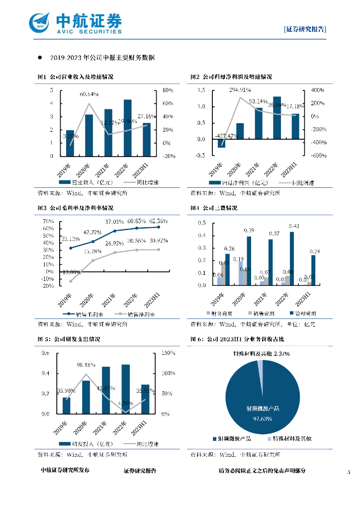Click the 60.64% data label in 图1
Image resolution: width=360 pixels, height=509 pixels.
click(89, 94)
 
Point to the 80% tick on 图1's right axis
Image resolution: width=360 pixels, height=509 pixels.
click(167, 90)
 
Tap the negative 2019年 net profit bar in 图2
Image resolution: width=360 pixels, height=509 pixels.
click(221, 143)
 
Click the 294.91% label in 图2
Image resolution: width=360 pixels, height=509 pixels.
click(240, 90)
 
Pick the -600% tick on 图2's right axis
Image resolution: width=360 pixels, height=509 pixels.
click(318, 156)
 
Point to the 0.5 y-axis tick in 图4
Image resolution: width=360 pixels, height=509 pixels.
click(202, 222)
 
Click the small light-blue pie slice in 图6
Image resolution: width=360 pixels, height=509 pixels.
click(260, 364)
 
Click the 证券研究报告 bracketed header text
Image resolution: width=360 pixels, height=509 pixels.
click(305, 29)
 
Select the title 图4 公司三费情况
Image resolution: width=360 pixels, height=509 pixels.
click(213, 208)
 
